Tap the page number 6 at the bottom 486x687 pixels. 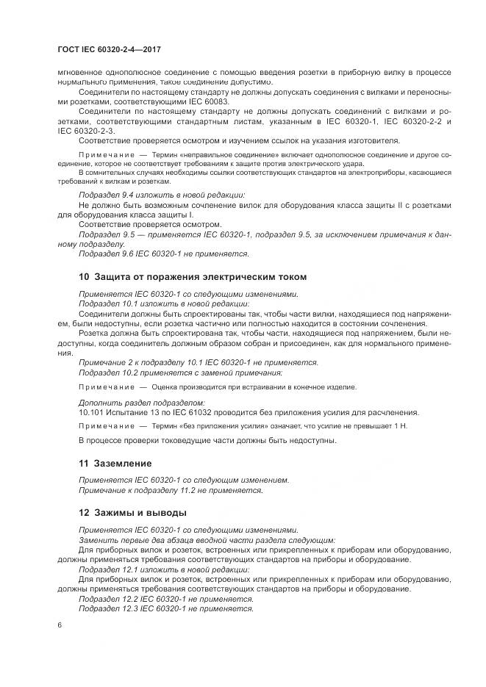pos(60,625)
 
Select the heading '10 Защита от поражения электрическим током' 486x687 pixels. pos(192,277)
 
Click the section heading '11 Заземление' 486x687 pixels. pos(115,464)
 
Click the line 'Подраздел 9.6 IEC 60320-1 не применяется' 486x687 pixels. pos(163,253)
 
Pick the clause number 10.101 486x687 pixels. pos(91,412)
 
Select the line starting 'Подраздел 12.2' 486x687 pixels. pos(165,599)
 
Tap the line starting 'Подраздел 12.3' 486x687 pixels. pos(165,608)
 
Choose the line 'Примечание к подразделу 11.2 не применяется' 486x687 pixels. pos(170,490)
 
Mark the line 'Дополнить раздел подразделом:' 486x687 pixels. pos(141,403)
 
